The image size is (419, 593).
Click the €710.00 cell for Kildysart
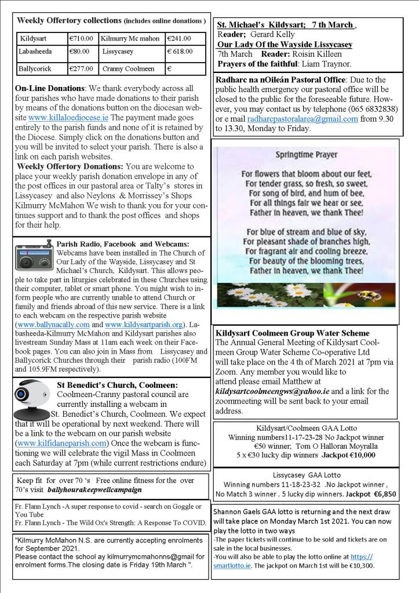click(81, 39)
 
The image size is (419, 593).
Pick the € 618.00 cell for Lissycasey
click(184, 52)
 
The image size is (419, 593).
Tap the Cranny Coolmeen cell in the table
click(128, 68)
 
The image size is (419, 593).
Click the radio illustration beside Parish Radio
click(34, 256)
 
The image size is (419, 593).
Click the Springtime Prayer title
click(307, 155)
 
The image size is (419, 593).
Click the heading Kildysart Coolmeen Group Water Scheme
click(292, 333)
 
